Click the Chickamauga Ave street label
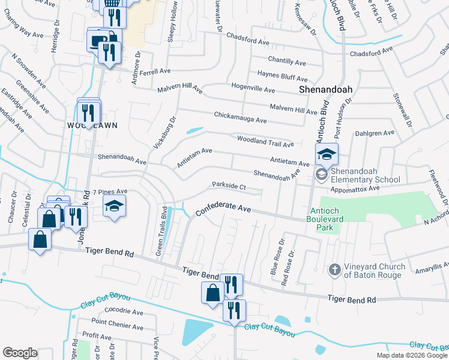240,117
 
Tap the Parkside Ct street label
229,186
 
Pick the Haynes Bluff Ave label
282,76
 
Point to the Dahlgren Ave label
375,133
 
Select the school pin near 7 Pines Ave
114,206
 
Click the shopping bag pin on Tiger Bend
213,293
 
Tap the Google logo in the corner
20,353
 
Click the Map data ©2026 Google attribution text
411,355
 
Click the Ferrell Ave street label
156,71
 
